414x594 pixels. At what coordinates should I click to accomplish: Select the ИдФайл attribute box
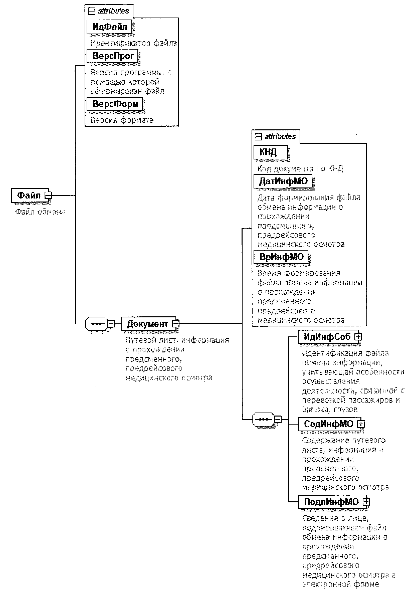(109, 27)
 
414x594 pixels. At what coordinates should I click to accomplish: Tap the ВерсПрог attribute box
(113, 56)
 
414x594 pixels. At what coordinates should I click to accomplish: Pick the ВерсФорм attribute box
(115, 104)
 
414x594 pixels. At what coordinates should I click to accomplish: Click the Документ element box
(147, 324)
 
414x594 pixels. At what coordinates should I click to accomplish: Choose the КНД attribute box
(270, 152)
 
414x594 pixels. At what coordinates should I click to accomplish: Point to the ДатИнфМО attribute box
(283, 181)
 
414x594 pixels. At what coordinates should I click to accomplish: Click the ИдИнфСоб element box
(327, 337)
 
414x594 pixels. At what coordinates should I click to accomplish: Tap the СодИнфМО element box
(328, 424)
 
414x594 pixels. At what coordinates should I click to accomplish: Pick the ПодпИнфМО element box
(331, 502)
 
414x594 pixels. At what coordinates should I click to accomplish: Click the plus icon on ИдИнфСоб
(358, 337)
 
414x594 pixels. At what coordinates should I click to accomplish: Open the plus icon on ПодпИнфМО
(366, 502)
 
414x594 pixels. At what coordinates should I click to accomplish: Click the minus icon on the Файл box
(48, 195)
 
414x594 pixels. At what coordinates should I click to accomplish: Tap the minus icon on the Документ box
(176, 324)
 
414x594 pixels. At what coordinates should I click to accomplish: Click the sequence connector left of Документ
(96, 324)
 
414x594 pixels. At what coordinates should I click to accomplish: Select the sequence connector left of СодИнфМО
(263, 419)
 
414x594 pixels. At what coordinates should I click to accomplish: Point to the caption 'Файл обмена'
(40, 212)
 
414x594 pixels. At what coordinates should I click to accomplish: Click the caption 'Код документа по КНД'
(300, 169)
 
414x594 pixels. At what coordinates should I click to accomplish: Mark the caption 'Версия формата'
(122, 120)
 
